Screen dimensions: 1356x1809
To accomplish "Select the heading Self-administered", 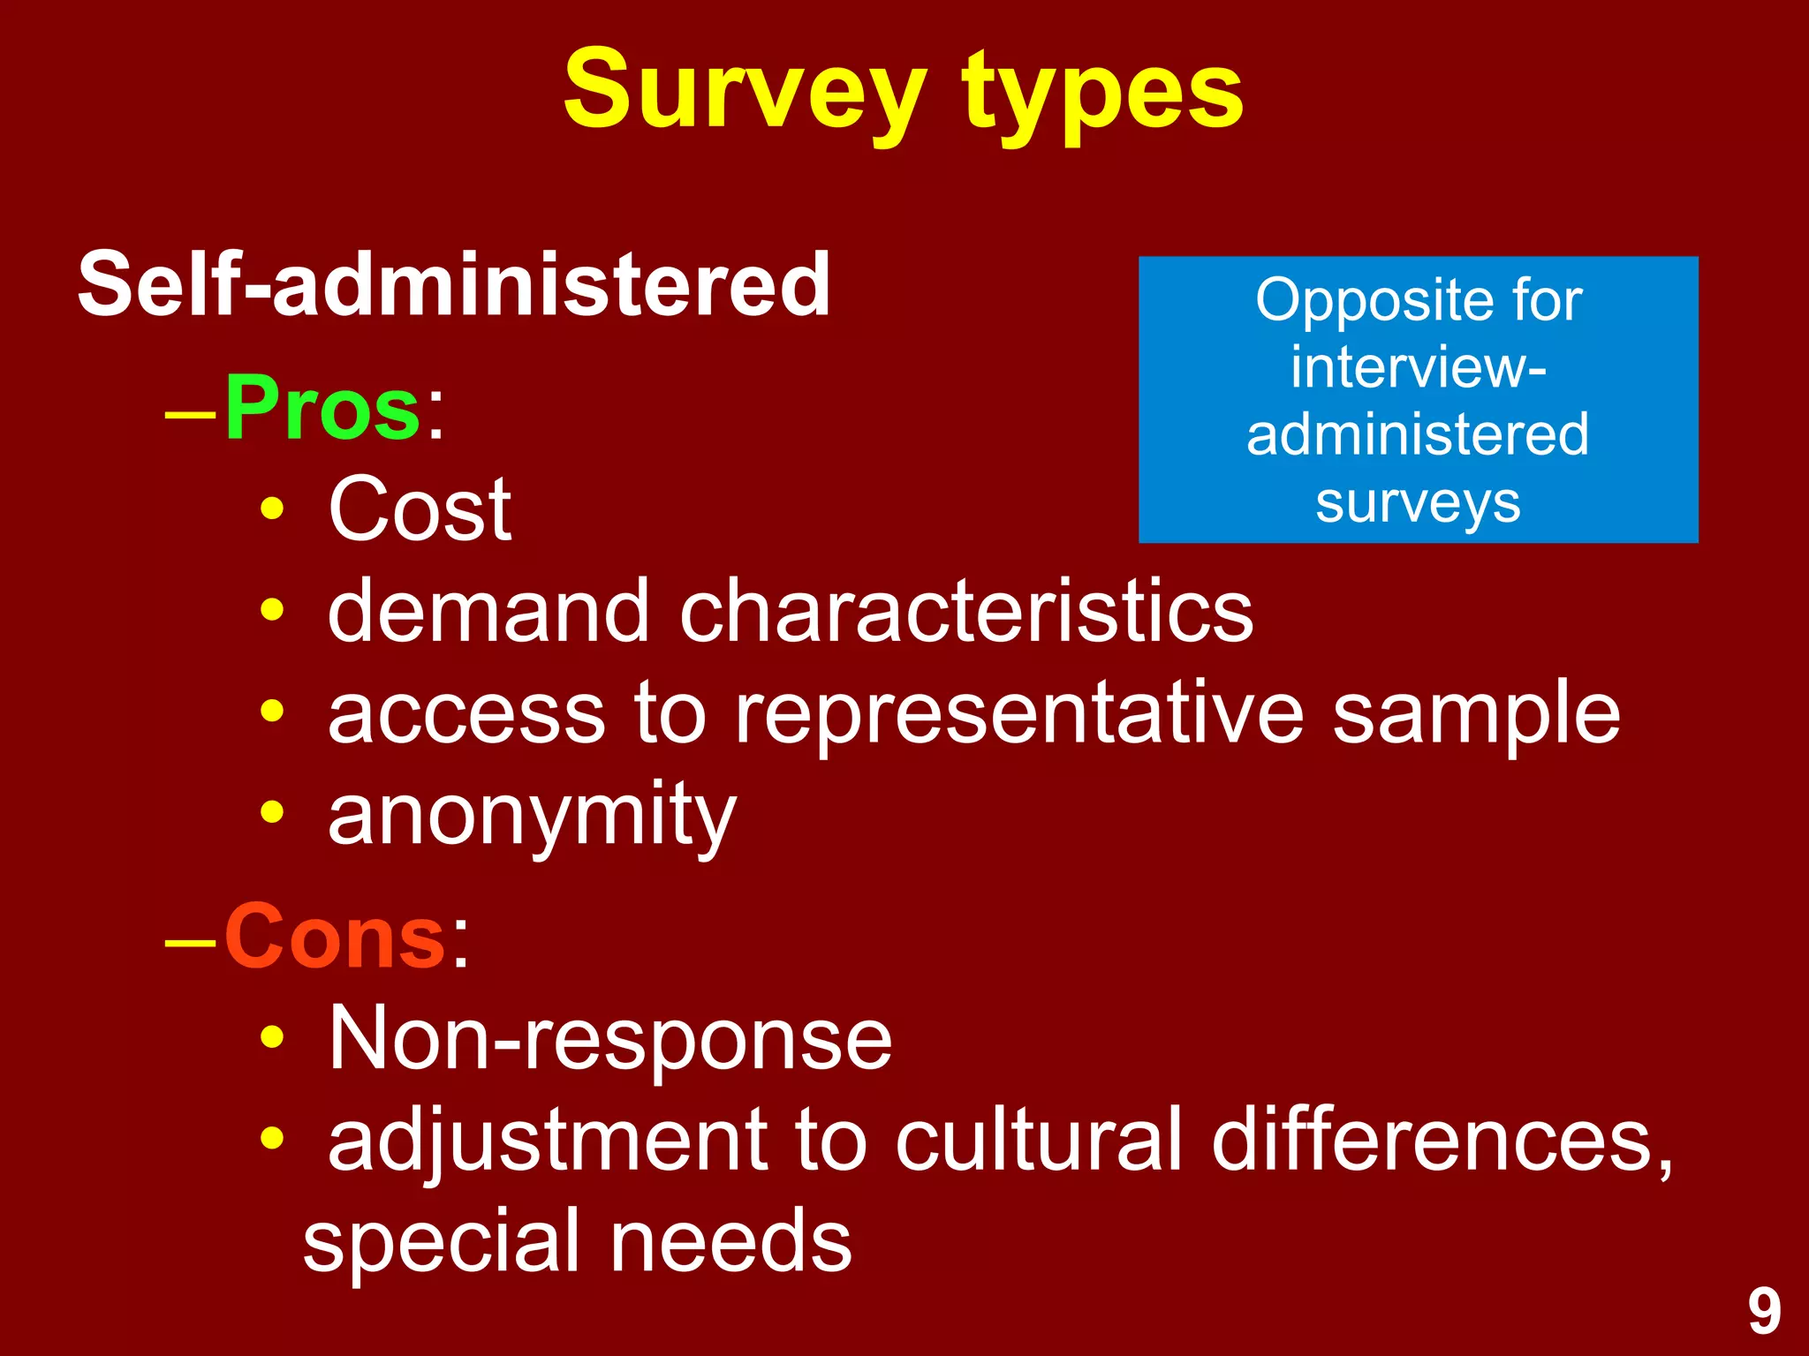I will tap(454, 284).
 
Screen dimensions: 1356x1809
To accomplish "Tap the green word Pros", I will tap(322, 409).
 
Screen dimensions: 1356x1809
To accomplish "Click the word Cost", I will tap(420, 509).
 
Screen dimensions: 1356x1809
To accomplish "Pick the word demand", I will tap(488, 611).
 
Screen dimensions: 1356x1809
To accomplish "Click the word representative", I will tap(1019, 713).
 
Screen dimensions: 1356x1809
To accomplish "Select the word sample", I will tap(1476, 713).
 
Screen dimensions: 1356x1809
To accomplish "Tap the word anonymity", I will tap(532, 814).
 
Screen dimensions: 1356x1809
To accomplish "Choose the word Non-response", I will tap(609, 1040).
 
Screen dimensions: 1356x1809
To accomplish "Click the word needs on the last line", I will tap(730, 1241).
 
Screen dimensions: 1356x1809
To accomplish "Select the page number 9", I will tap(1764, 1313).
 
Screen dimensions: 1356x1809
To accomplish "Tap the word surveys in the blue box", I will tap(1418, 502).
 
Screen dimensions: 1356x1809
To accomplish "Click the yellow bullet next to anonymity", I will tap(272, 811).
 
